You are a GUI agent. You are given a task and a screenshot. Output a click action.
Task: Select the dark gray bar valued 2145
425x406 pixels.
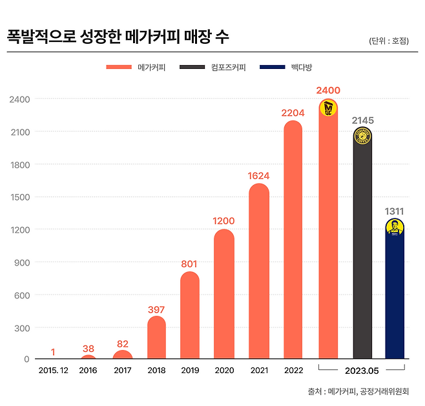tap(362, 245)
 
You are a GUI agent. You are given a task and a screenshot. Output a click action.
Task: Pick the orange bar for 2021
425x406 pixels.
tap(258, 271)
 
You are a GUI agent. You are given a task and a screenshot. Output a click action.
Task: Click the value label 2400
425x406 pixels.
tap(328, 90)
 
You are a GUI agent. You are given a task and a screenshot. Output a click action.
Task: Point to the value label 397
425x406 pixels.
tap(156, 309)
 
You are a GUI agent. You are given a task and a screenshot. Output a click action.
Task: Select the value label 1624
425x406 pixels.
tap(258, 175)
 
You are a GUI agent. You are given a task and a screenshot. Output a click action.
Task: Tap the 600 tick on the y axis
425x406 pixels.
tap(21, 295)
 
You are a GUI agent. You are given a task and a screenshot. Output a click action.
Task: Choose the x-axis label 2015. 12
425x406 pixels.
tap(53, 371)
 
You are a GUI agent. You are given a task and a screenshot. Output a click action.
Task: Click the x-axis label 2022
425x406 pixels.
tap(293, 371)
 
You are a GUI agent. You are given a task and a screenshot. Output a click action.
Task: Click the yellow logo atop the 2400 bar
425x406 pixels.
tap(328, 108)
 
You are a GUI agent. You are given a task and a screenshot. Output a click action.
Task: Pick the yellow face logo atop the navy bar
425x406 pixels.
tap(395, 227)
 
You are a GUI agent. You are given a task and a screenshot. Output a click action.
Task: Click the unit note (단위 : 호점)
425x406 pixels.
tap(389, 41)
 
